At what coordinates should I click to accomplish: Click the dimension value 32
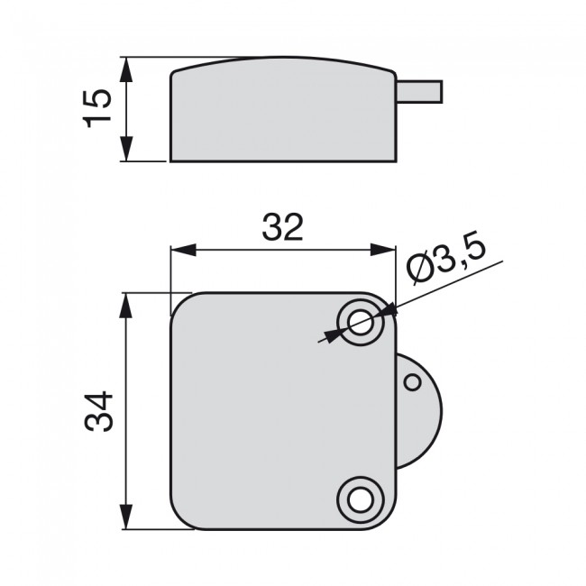coord(282,228)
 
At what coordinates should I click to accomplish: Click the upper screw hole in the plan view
coord(362,321)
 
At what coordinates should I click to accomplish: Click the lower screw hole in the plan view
coord(362,497)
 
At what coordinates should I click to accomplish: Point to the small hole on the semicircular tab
coord(412,382)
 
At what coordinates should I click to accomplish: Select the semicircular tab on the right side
coord(419,410)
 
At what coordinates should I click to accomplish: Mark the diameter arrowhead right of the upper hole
coord(391,308)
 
